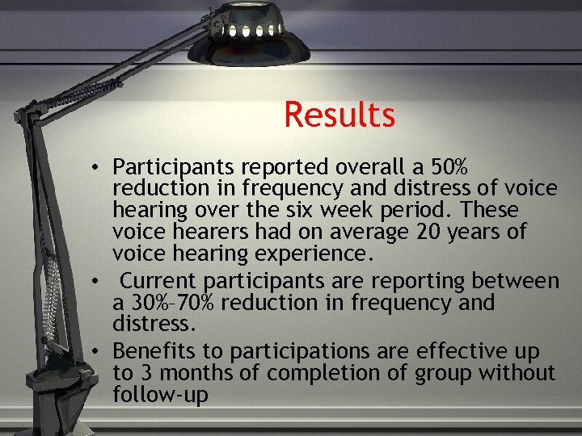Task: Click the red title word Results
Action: (x=339, y=115)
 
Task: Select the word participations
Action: (x=321, y=351)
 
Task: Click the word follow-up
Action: (x=161, y=396)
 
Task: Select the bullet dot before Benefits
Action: (x=95, y=352)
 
